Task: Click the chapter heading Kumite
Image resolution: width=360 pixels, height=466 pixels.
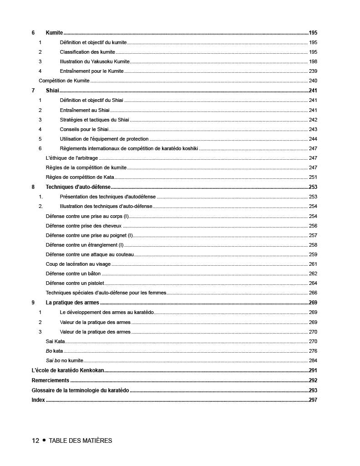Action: tap(54, 33)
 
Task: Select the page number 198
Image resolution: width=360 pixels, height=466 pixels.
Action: tap(313, 61)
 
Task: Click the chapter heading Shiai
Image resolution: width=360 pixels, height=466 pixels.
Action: tap(52, 91)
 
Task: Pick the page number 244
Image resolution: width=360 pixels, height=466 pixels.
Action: tap(313, 139)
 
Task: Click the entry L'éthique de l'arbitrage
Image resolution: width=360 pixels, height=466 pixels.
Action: tap(72, 158)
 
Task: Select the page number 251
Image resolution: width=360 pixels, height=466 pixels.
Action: tap(313, 177)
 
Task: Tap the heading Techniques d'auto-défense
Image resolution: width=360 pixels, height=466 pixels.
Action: tap(78, 187)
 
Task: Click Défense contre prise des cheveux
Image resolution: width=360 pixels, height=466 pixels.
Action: tap(84, 226)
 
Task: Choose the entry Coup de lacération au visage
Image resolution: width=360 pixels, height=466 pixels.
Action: tap(78, 264)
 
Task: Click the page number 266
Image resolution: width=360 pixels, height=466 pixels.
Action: tap(313, 293)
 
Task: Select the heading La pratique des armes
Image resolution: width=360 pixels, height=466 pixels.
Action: tap(72, 303)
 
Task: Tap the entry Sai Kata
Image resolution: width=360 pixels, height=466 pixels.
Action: tap(56, 341)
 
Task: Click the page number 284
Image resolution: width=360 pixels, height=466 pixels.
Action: tap(313, 360)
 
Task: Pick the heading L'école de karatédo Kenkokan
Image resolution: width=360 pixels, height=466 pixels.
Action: tap(68, 370)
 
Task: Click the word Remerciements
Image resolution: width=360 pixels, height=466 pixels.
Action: tap(51, 380)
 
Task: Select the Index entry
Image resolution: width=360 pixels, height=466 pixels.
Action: tap(38, 400)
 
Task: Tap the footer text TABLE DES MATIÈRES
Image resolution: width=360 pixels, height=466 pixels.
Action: tap(80, 441)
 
